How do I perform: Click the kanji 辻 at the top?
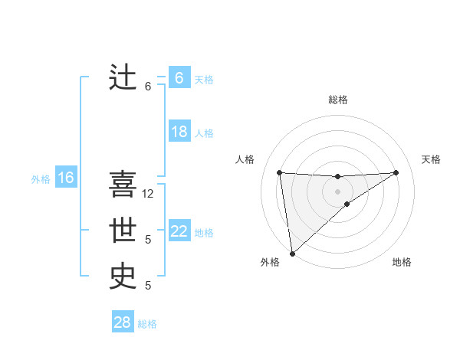(x=123, y=78)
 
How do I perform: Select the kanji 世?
(x=123, y=230)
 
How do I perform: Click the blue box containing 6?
(x=179, y=78)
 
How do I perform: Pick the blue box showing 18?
(x=179, y=132)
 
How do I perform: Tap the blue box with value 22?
(x=179, y=231)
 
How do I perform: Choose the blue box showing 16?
(x=65, y=178)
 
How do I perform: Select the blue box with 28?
(x=122, y=322)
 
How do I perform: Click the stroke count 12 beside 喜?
(x=149, y=194)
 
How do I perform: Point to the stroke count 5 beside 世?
(x=148, y=240)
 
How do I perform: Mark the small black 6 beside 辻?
(x=148, y=87)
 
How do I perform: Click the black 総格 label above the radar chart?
(x=337, y=100)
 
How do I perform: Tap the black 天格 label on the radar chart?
(x=431, y=159)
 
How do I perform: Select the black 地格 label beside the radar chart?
(x=402, y=262)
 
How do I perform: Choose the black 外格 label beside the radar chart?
(x=269, y=262)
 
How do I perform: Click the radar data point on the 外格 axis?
(x=292, y=253)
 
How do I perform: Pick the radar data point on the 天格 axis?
(x=396, y=172)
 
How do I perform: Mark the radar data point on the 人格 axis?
(x=280, y=172)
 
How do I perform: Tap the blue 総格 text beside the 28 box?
(x=147, y=324)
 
